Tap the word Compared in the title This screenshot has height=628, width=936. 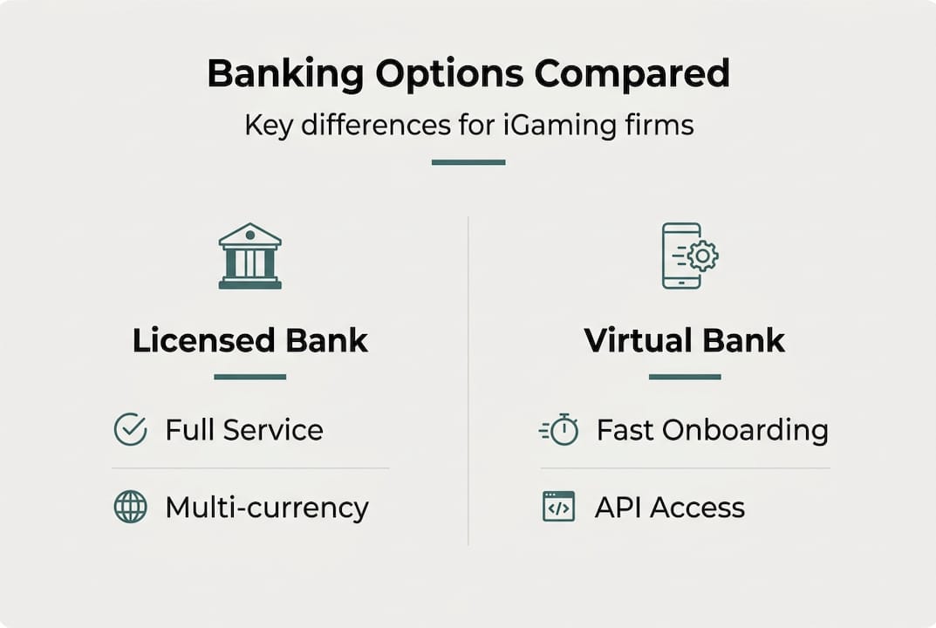pos(632,75)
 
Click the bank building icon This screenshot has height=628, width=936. pos(250,256)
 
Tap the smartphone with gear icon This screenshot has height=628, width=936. pos(688,256)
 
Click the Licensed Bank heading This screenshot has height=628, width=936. pos(250,340)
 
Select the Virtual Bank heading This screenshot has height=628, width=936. pos(685,340)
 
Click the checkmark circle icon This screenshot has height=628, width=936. pos(130,430)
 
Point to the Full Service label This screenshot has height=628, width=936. pos(244,430)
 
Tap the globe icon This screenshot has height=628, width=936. pos(130,507)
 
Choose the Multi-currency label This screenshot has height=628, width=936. pos(267,507)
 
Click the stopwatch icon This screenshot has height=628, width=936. pos(560,430)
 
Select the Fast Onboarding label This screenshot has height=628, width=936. pos(712,430)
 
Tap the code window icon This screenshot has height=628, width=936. pos(558,507)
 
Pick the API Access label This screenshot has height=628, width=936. pos(670,507)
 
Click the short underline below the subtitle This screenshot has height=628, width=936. pos(468,162)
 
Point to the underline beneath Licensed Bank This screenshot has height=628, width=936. pos(250,377)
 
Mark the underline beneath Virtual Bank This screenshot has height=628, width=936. pos(685,377)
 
